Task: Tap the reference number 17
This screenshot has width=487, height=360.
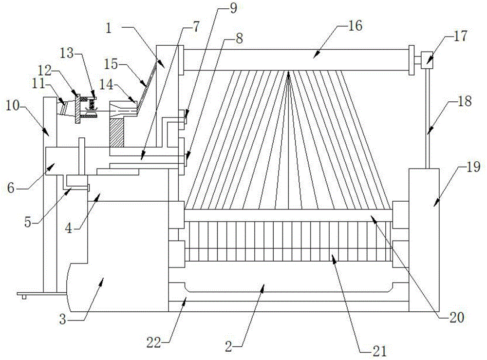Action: coord(460,37)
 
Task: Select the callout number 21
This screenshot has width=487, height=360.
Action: coord(379,351)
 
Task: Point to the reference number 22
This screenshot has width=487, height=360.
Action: coord(154,342)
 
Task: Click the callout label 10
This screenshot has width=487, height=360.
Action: coord(13,107)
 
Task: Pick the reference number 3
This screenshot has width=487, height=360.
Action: coord(63,320)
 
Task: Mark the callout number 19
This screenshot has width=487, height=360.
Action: coord(473,167)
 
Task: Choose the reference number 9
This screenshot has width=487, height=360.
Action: coord(233,8)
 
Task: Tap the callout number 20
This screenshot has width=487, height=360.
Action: coord(457,318)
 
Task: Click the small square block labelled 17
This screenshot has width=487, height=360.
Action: coord(427,60)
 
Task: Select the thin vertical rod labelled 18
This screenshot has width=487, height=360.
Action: coord(427,118)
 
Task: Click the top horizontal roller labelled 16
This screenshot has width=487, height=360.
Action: coord(296,59)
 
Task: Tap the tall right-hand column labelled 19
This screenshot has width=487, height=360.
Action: coord(424,240)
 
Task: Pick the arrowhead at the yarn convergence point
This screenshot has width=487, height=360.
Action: coord(289,75)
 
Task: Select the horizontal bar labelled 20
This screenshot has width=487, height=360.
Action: coord(288,215)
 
